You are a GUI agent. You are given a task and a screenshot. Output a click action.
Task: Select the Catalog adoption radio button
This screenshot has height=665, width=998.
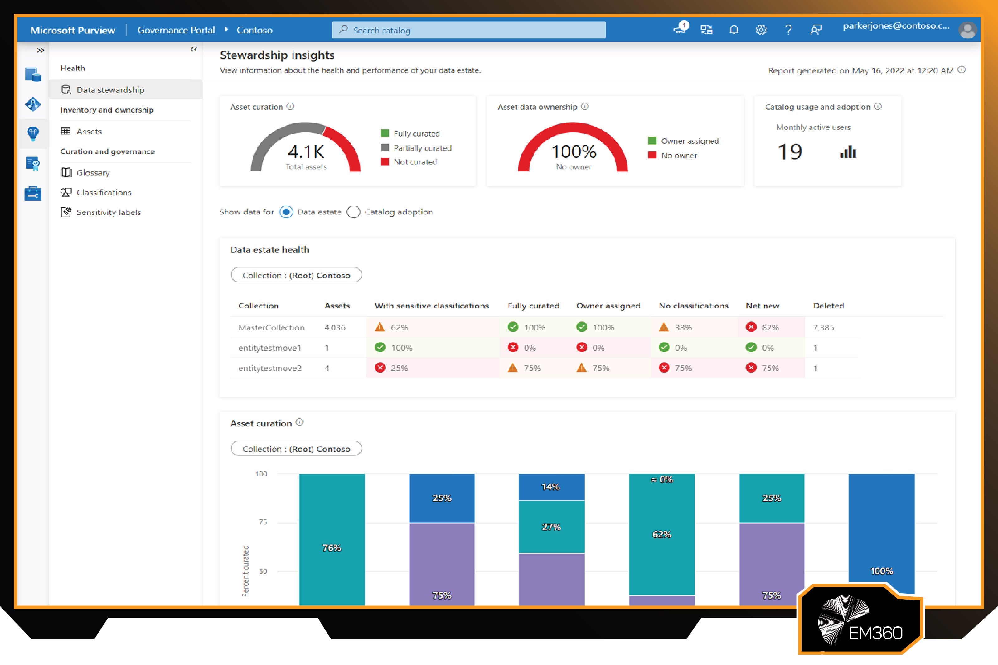(353, 212)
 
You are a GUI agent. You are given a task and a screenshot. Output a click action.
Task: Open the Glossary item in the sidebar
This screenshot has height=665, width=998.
(93, 173)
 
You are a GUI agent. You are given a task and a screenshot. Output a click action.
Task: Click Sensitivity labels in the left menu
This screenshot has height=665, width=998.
(108, 212)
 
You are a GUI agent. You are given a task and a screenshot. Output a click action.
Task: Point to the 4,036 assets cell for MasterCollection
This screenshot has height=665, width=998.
(335, 327)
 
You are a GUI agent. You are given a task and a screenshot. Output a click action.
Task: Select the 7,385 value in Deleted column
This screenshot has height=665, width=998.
(823, 327)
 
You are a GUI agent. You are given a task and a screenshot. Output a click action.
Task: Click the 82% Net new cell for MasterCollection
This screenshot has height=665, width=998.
(770, 327)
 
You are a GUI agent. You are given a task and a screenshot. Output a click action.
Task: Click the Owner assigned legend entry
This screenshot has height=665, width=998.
(689, 141)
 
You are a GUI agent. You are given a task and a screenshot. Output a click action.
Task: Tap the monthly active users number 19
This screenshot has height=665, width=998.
(790, 152)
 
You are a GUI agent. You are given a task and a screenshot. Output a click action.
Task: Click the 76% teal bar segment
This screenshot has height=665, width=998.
(332, 547)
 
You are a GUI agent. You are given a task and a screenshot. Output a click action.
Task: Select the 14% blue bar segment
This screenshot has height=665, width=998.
(551, 487)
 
